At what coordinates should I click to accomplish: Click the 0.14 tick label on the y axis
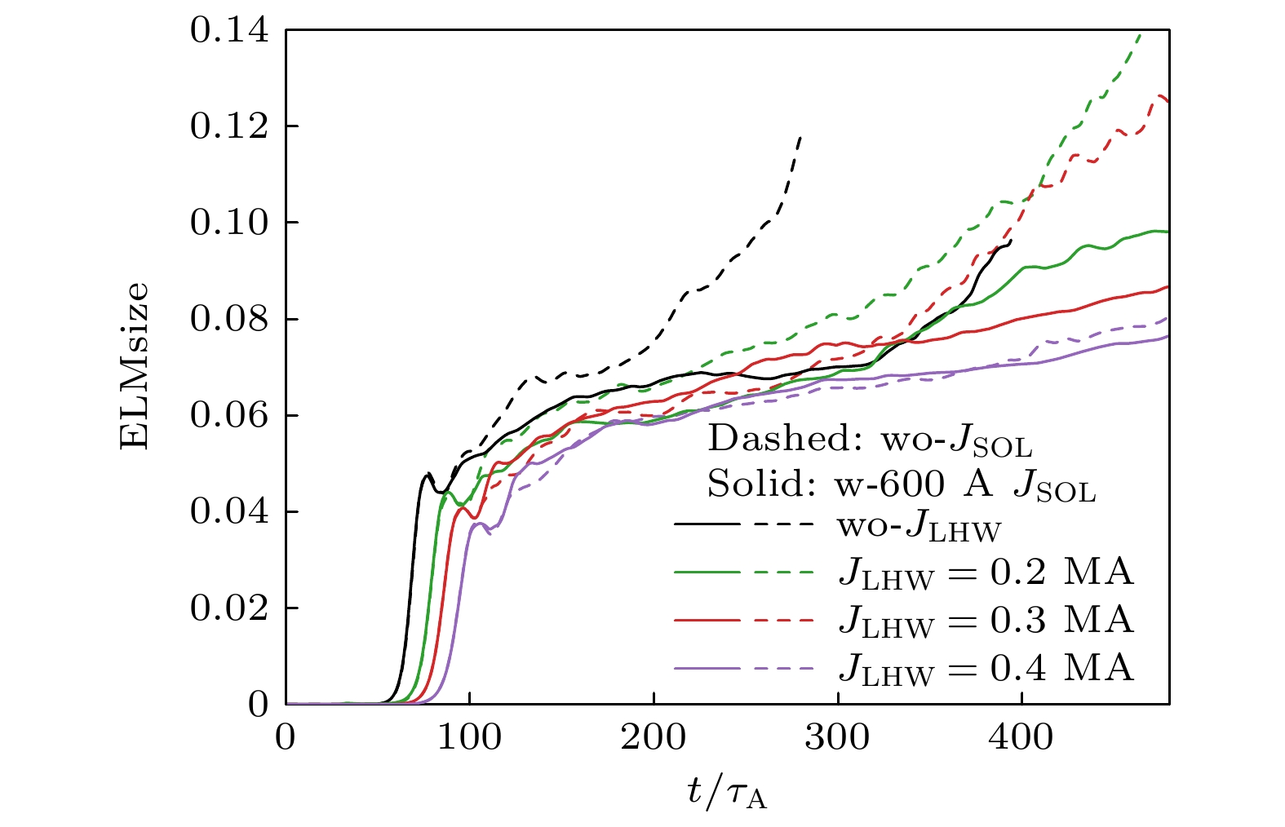[228, 31]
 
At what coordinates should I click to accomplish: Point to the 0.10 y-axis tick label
[228, 223]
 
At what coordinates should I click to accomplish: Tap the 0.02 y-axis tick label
[228, 608]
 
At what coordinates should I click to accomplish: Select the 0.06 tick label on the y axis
[228, 416]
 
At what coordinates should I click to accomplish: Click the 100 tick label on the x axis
[470, 737]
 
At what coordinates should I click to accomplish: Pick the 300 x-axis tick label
[838, 737]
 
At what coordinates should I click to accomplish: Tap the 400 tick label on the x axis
[1021, 737]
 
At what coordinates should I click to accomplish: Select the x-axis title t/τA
[727, 790]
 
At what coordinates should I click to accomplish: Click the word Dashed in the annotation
[778, 439]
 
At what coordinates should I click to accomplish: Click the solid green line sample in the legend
[707, 573]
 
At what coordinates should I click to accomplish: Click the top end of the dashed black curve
[800, 136]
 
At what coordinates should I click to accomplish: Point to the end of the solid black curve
[1011, 241]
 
